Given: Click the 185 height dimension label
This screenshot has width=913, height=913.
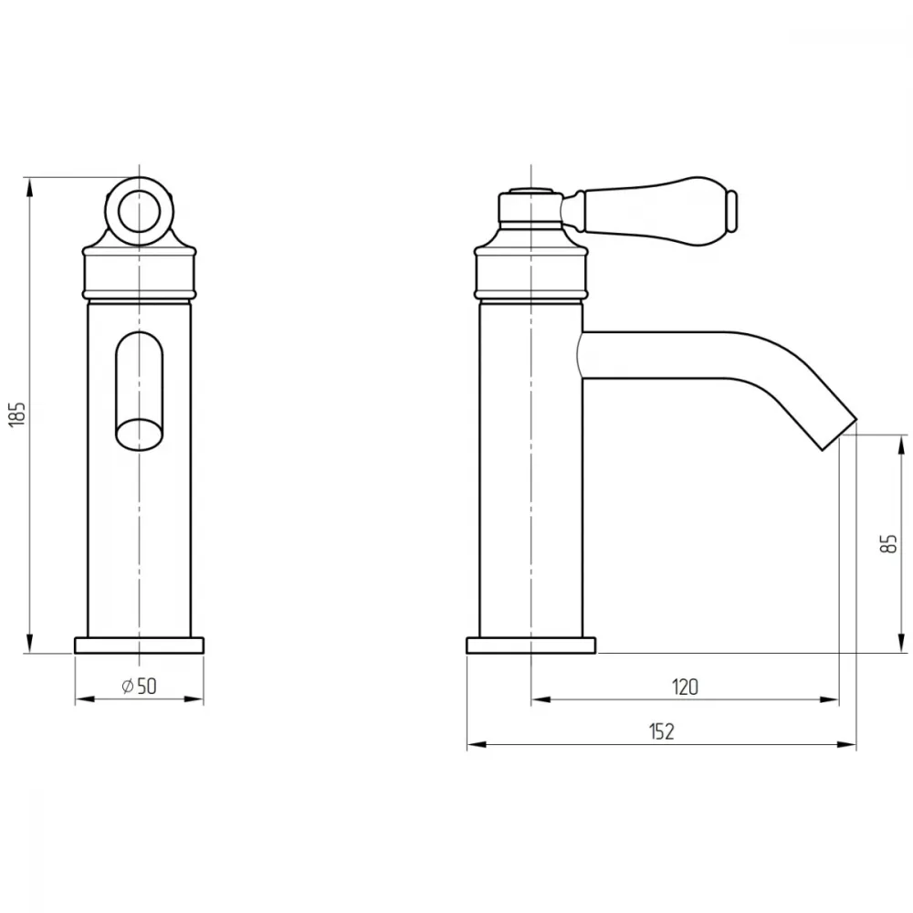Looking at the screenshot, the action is click(18, 414).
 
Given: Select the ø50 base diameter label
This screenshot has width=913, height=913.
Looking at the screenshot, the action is click(139, 686).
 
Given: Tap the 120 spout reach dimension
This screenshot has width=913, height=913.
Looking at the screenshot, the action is click(685, 687).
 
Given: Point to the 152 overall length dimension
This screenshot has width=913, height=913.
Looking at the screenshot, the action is click(661, 731).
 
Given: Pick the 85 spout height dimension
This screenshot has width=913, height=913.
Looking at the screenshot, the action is click(889, 543).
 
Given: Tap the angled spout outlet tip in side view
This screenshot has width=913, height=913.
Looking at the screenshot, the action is click(838, 434).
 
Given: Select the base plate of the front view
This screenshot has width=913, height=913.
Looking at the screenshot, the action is click(139, 645).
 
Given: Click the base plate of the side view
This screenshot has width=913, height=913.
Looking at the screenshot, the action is click(531, 645).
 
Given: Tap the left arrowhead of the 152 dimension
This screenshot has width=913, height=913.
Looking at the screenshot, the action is click(477, 745).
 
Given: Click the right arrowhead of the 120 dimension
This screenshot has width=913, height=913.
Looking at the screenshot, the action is click(829, 700).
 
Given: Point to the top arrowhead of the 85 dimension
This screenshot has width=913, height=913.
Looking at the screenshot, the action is click(902, 444).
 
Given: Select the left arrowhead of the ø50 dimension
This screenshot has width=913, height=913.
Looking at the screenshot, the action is click(84, 698).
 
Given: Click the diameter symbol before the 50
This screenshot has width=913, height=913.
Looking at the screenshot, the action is click(128, 686).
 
